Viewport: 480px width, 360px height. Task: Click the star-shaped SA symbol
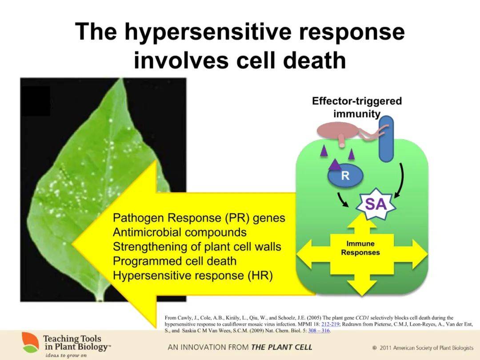[376, 205]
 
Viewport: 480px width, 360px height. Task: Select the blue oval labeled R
[345, 176]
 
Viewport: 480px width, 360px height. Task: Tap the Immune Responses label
[360, 248]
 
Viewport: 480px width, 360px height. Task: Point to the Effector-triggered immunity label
[356, 107]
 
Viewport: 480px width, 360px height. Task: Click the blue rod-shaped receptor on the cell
[386, 139]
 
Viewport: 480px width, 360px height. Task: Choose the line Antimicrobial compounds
[180, 232]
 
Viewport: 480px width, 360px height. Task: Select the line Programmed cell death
[175, 261]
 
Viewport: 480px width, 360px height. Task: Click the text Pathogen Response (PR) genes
[199, 218]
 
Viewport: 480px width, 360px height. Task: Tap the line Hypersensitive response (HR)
[192, 275]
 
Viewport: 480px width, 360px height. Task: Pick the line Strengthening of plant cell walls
[197, 247]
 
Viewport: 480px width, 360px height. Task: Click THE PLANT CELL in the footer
[282, 347]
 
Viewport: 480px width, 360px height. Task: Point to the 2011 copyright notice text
[423, 348]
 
